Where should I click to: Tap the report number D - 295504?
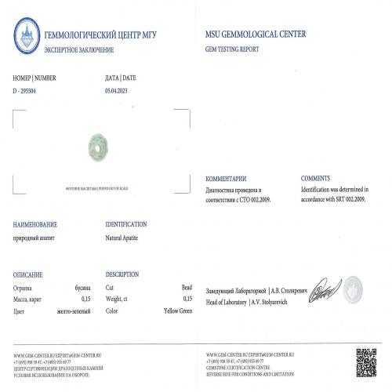[29, 90]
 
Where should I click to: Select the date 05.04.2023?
[121, 90]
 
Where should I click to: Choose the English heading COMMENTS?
[316, 179]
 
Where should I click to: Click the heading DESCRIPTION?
[122, 274]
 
